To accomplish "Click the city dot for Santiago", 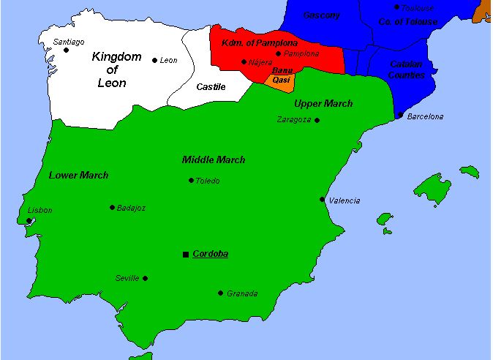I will [66, 50].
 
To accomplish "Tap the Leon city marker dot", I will [154, 60].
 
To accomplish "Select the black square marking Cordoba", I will [185, 254].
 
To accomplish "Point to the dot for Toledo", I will [191, 180].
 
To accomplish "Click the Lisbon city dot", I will [29, 220].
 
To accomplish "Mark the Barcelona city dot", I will [400, 116].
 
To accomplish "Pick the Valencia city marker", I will [322, 199].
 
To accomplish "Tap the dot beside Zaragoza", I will [317, 119].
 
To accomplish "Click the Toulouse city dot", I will [397, 7].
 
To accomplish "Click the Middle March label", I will [214, 160].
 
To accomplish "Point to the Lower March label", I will [78, 175].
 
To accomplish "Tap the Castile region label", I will [211, 87].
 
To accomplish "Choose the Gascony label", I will [321, 15].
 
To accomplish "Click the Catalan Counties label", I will [407, 70].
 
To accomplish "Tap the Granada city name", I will [242, 293].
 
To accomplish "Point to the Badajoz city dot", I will [112, 207].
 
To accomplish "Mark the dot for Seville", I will [145, 278].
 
